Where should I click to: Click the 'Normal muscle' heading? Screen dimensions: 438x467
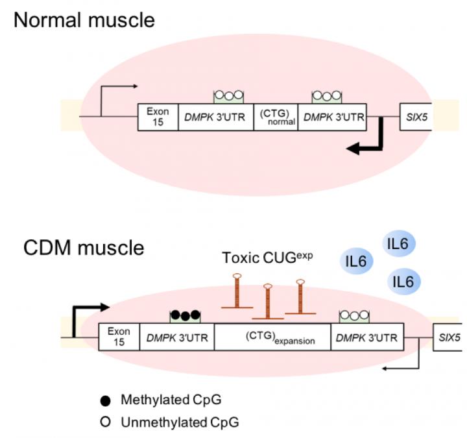pyautogui.click(x=85, y=20)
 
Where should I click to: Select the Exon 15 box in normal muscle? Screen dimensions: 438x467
pyautogui.click(x=157, y=117)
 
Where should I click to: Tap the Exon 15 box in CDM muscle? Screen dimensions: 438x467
pyautogui.click(x=119, y=336)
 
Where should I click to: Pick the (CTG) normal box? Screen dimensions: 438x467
pyautogui.click(x=276, y=117)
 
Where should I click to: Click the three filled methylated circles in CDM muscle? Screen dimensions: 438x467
pyautogui.click(x=184, y=316)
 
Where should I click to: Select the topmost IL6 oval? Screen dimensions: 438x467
pyautogui.click(x=398, y=245)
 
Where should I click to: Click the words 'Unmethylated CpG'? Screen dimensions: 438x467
pyautogui.click(x=180, y=422)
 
